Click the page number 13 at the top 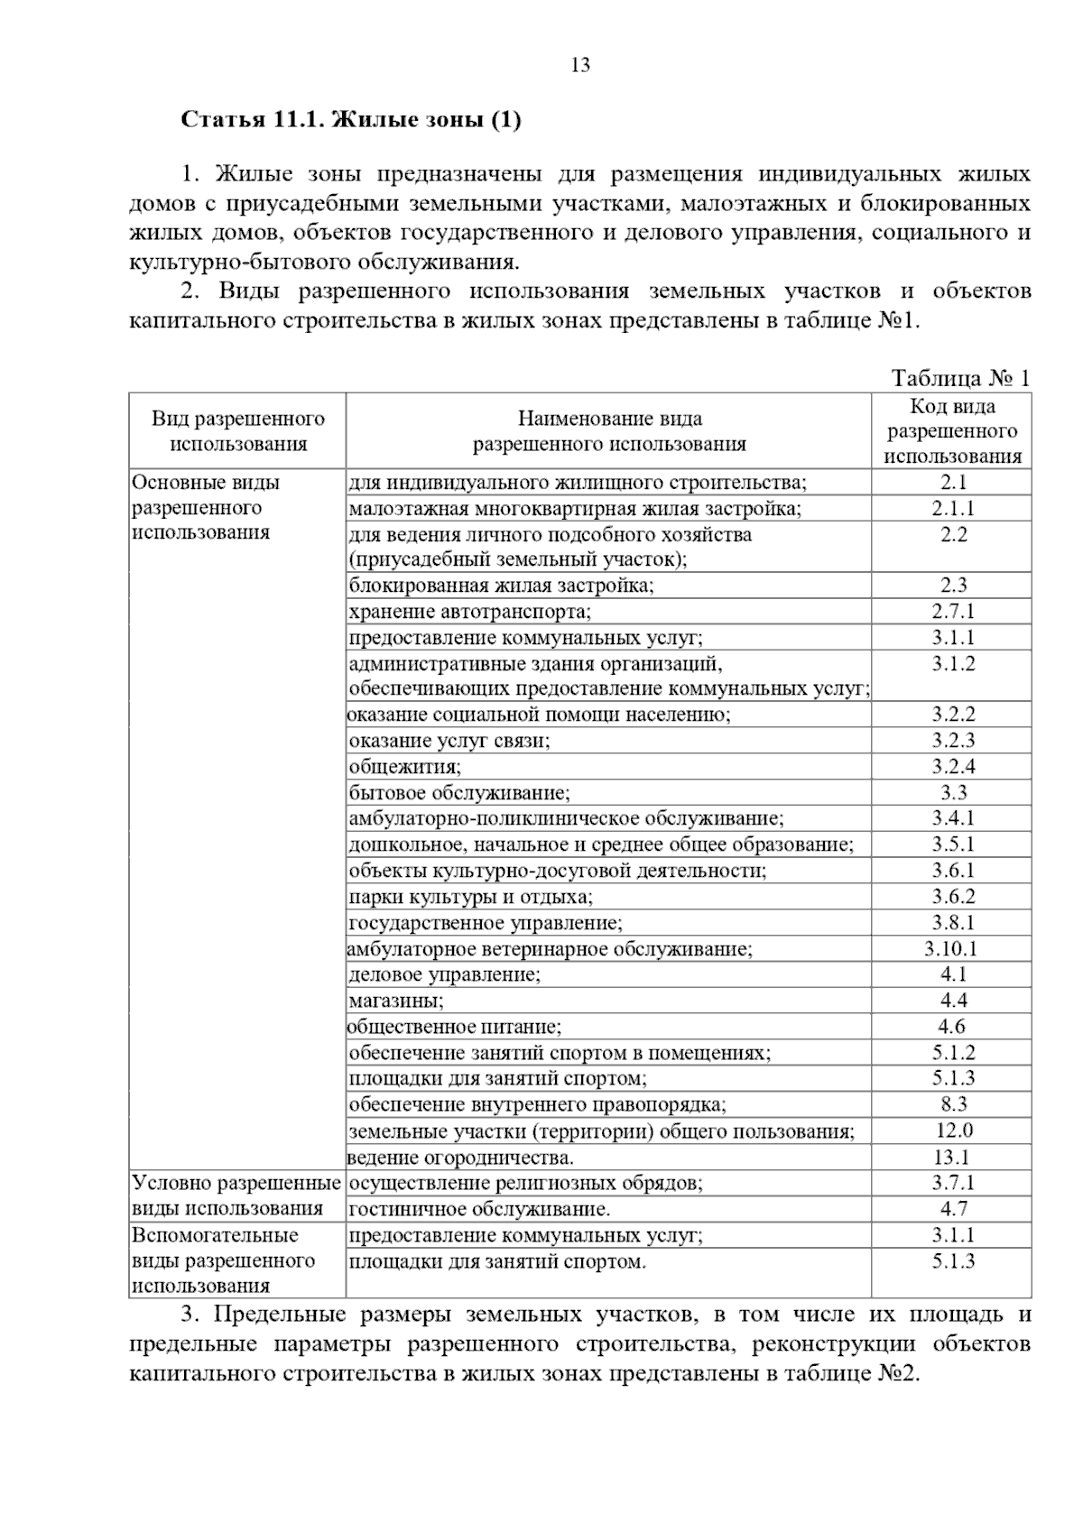pyautogui.click(x=580, y=65)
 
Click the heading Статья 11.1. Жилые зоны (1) pyautogui.click(x=351, y=120)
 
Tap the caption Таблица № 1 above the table pyautogui.click(x=960, y=378)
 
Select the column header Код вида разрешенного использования pyautogui.click(x=952, y=431)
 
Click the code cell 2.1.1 pyautogui.click(x=953, y=509)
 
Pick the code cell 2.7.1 pyautogui.click(x=953, y=612)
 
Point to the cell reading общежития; pyautogui.click(x=405, y=767)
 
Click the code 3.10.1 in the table pyautogui.click(x=951, y=949)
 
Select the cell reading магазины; pyautogui.click(x=396, y=1001)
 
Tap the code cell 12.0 pyautogui.click(x=953, y=1131)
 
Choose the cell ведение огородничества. pyautogui.click(x=461, y=1158)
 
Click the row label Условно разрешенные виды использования pyautogui.click(x=236, y=1195)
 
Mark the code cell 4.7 pyautogui.click(x=953, y=1209)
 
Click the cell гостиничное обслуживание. pyautogui.click(x=479, y=1209)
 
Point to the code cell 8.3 pyautogui.click(x=953, y=1104)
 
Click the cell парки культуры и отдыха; pyautogui.click(x=471, y=898)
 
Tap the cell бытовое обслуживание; pyautogui.click(x=459, y=793)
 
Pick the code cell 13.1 pyautogui.click(x=953, y=1158)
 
